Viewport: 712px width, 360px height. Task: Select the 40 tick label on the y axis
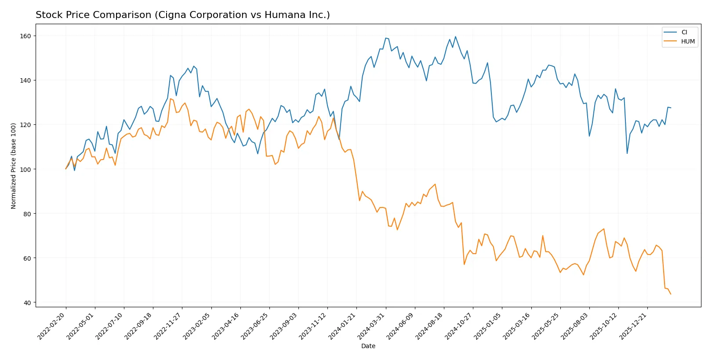pos(27,303)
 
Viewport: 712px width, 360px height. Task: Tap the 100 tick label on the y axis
pos(26,170)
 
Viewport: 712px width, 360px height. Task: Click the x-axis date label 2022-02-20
pos(52,326)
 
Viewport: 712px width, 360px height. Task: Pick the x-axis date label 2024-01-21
pos(342,326)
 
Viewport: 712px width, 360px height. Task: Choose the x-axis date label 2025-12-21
pos(633,326)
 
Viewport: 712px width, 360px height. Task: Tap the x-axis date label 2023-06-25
pos(255,326)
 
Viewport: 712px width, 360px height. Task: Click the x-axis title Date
pos(368,346)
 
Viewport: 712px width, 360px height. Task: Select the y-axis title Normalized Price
pos(14,166)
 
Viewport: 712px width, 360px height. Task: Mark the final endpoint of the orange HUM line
pos(671,294)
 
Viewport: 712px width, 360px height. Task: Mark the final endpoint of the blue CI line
pos(671,108)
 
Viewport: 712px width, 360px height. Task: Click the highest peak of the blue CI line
pos(455,36)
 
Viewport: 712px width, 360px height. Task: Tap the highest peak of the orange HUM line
pos(171,98)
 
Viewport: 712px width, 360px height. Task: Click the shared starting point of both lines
pos(66,169)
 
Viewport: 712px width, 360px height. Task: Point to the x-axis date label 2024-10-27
pos(459,326)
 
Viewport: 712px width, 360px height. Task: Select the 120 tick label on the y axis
pos(26,125)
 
